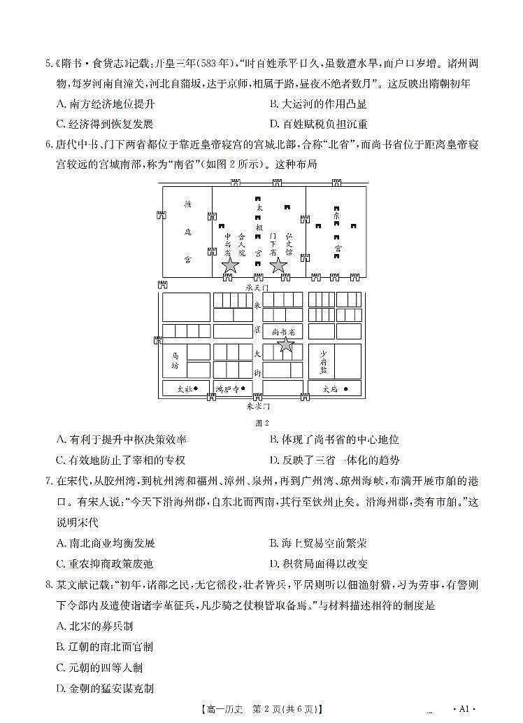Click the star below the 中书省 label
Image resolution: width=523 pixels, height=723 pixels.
coord(229,265)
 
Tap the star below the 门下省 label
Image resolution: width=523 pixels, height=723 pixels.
coord(278,265)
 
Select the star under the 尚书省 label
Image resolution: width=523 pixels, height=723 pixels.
coord(285,344)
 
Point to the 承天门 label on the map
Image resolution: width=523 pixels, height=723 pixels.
coord(257,287)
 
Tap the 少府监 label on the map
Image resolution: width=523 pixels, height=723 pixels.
coord(323,362)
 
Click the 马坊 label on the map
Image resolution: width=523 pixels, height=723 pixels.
coord(175,361)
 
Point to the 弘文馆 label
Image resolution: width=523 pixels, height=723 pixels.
coord(289,238)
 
